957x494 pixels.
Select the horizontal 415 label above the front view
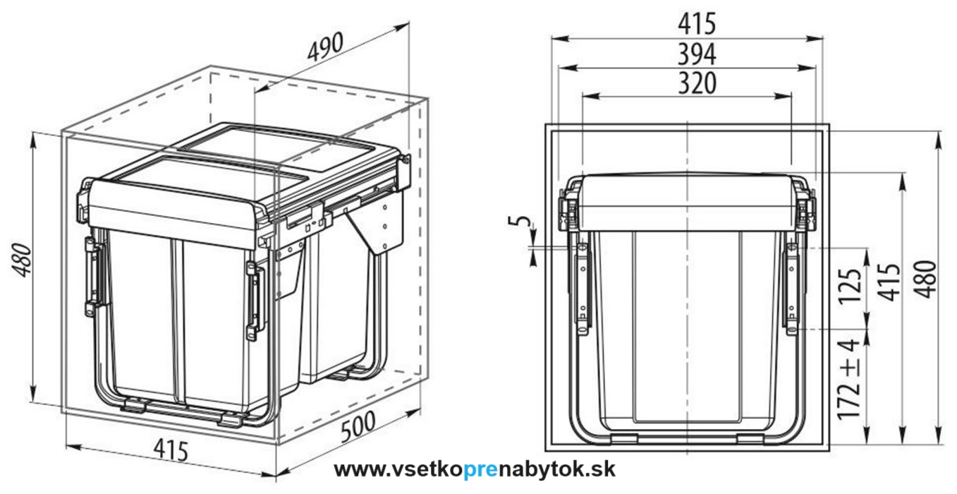(696, 24)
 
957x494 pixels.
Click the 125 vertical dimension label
(851, 286)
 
